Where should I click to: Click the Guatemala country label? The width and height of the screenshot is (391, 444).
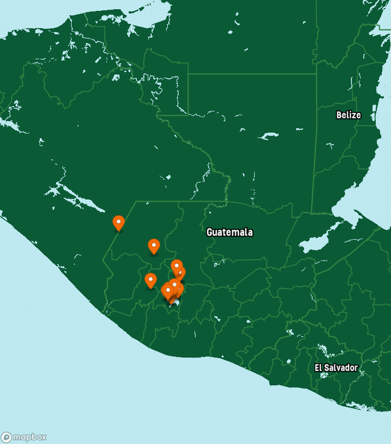click(229, 232)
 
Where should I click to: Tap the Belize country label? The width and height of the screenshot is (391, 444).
click(348, 115)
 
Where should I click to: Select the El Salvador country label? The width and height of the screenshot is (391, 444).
click(336, 367)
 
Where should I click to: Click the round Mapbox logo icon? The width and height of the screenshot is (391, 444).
click(7, 437)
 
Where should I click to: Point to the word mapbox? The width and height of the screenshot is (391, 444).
click(29, 437)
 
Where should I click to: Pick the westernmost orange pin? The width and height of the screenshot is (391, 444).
click(118, 223)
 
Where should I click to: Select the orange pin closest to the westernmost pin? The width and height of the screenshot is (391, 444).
click(154, 246)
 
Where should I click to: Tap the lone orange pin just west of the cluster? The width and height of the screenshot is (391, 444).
click(150, 280)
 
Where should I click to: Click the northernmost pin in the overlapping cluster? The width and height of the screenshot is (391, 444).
click(176, 266)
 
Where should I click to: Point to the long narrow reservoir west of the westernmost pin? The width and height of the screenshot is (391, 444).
click(81, 198)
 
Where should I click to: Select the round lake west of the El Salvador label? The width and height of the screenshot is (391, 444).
click(289, 332)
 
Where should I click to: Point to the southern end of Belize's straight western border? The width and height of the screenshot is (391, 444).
click(311, 213)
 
